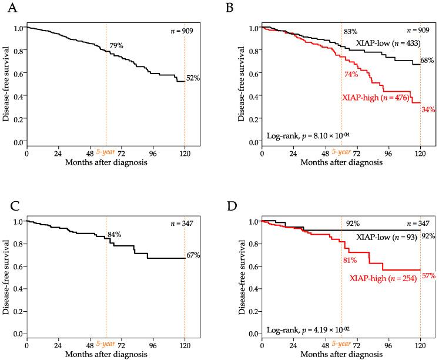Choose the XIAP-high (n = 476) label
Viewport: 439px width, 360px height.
click(x=376, y=98)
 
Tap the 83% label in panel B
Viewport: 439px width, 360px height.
click(x=350, y=31)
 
